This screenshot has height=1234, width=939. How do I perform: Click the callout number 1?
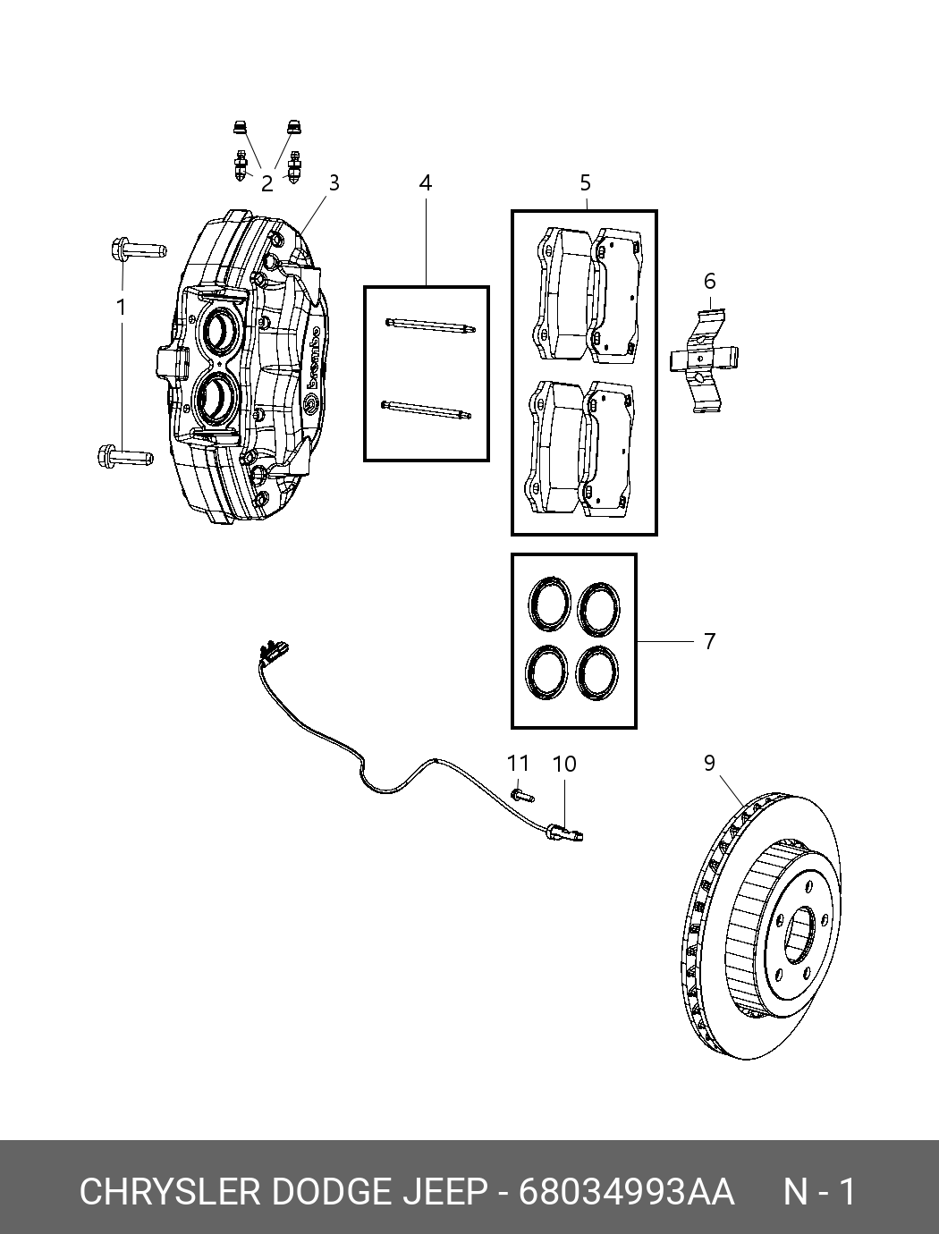tap(121, 308)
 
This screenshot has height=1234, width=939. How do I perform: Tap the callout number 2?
tap(267, 183)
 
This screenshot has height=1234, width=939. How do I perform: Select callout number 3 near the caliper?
tap(334, 182)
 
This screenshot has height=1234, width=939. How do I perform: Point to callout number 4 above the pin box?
tap(426, 182)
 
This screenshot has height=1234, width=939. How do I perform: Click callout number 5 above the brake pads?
tap(586, 182)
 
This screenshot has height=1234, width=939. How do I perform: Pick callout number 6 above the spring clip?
tap(709, 281)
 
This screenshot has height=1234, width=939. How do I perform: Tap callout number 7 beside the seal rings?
tap(709, 641)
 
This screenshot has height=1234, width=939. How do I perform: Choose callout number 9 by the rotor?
tap(709, 763)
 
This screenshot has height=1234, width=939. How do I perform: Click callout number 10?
tap(564, 764)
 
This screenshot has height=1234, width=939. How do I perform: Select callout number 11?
tap(518, 763)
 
